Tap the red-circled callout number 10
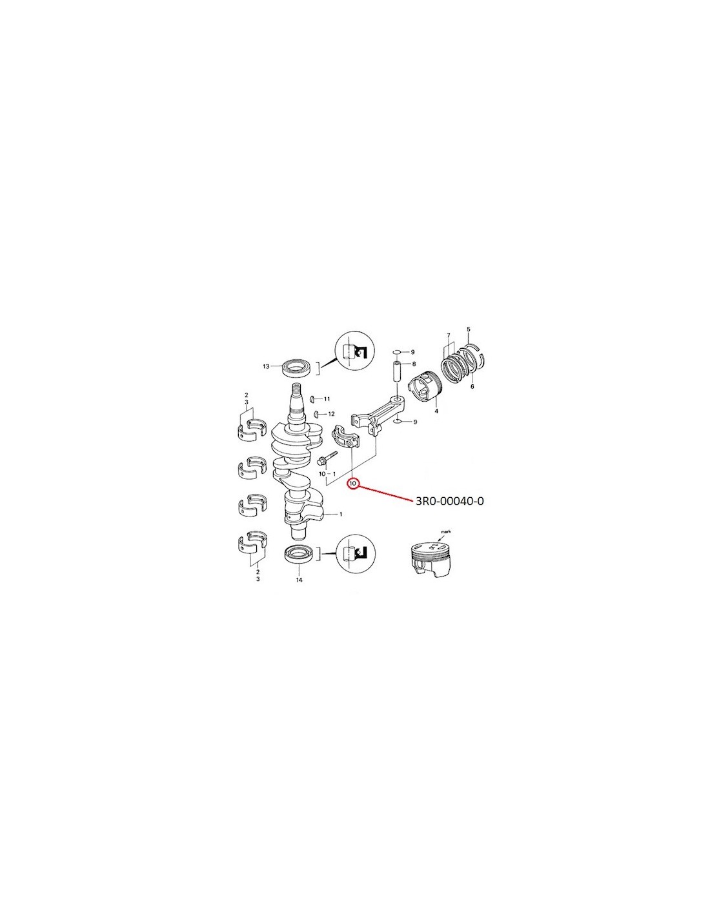coord(352,482)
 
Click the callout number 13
coord(266,366)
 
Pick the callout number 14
coord(299,580)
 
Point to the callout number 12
coord(331,413)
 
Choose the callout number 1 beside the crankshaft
coord(340,514)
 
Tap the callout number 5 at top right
coord(468,329)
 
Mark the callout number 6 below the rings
coord(472,386)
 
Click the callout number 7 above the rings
coord(449,335)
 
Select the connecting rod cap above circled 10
coord(345,438)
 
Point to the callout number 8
coord(414,363)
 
